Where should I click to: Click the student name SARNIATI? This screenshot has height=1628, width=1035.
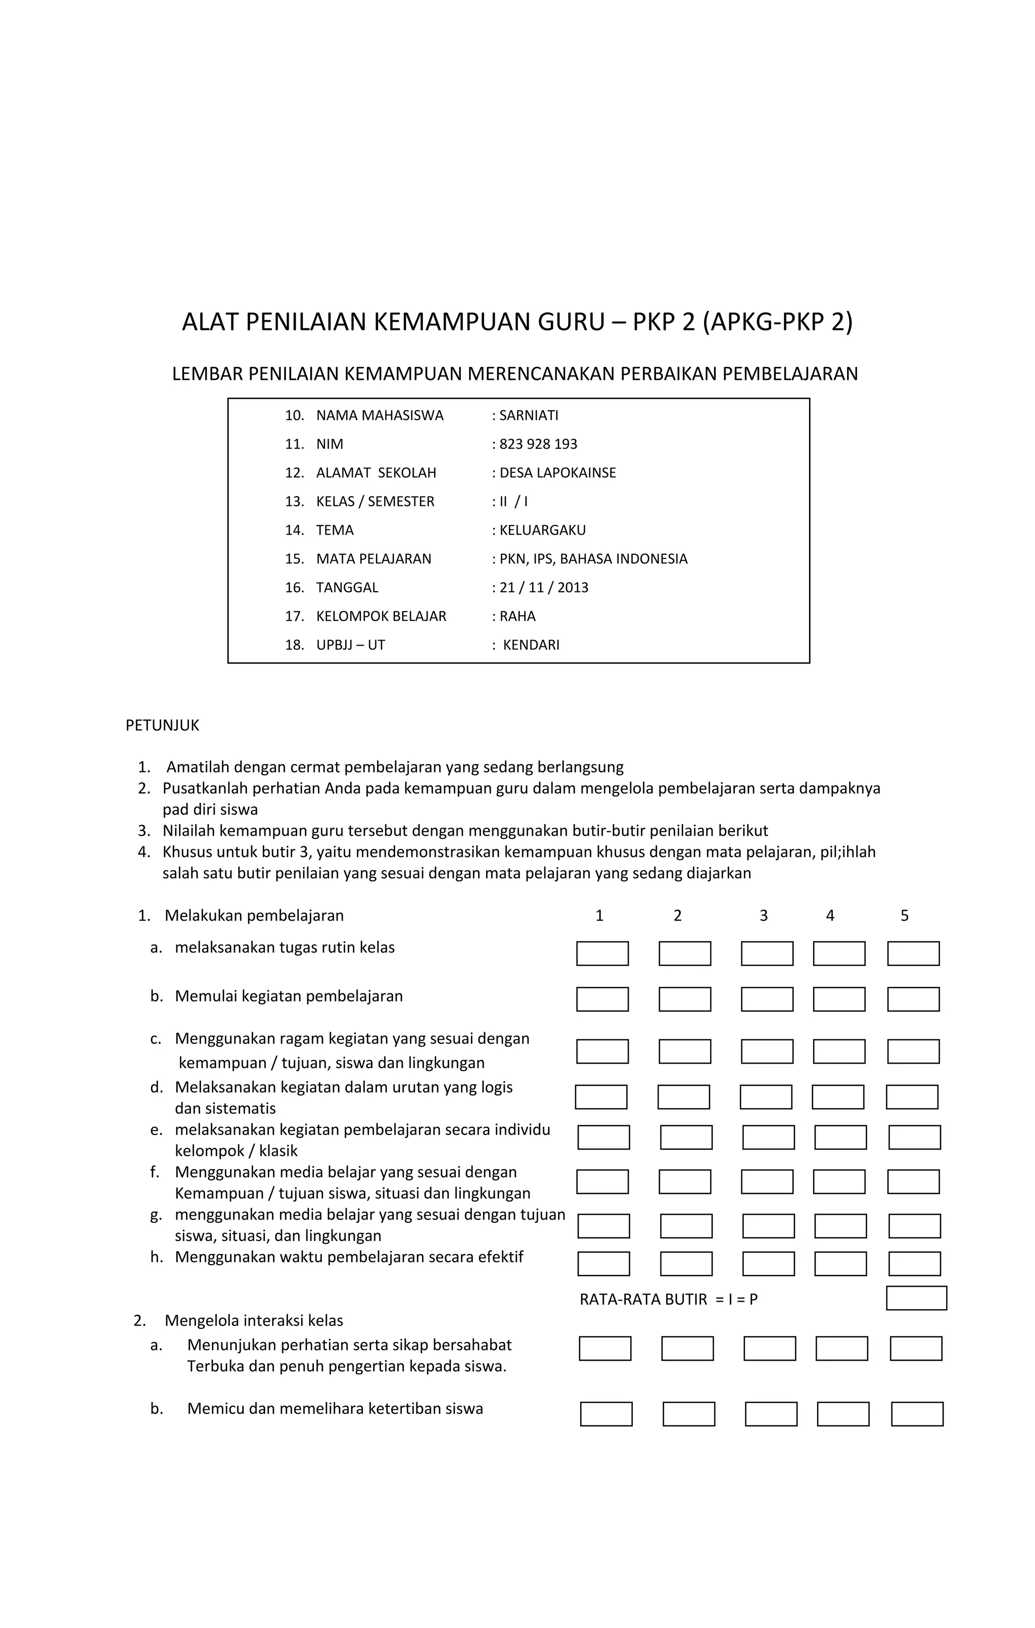(x=529, y=416)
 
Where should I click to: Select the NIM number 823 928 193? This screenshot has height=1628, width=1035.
(x=538, y=444)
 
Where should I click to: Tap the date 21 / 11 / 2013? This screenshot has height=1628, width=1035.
(x=544, y=588)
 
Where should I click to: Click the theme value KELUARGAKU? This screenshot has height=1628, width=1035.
(x=542, y=530)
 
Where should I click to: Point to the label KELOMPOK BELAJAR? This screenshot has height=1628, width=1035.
(x=381, y=616)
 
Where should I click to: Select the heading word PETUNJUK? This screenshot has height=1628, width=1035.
(x=162, y=726)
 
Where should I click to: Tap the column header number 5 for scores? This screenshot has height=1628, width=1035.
(x=905, y=916)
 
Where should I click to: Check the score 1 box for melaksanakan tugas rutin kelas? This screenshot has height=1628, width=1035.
(x=602, y=953)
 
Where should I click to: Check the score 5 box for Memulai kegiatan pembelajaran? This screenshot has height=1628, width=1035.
(x=913, y=999)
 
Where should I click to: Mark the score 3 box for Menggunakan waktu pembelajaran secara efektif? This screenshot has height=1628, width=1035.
(x=768, y=1264)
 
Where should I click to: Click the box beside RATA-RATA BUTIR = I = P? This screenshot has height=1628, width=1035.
(x=916, y=1298)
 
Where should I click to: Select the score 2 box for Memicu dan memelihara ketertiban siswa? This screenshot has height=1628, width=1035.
(x=688, y=1414)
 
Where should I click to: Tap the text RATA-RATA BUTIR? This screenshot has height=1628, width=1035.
(x=643, y=1300)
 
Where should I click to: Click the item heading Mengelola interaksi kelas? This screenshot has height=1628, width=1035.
(x=254, y=1320)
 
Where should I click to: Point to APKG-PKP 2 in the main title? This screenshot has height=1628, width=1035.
(x=777, y=322)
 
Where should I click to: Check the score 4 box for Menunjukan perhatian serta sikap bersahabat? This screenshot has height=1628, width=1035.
(x=841, y=1348)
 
